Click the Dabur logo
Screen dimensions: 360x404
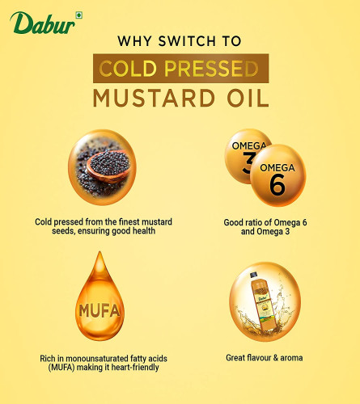pos(43,23)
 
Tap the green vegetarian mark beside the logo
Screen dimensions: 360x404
pos(78,15)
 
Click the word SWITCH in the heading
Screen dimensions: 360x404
pos(187,41)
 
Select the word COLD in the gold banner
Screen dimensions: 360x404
pos(128,69)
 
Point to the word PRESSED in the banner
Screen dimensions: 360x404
pos(211,69)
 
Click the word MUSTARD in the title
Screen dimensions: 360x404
pos(154,98)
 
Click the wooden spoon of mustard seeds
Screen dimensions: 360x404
pos(108,166)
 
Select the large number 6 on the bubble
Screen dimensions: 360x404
pos(277,184)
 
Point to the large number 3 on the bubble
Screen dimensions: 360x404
pos(248,162)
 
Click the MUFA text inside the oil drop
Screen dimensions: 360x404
pos(100,310)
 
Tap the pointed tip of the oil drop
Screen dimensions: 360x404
pos(100,252)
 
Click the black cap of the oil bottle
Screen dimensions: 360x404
pos(254,275)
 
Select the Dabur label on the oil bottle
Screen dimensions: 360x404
pos(263,298)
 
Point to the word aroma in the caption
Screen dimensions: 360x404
pos(291,358)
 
